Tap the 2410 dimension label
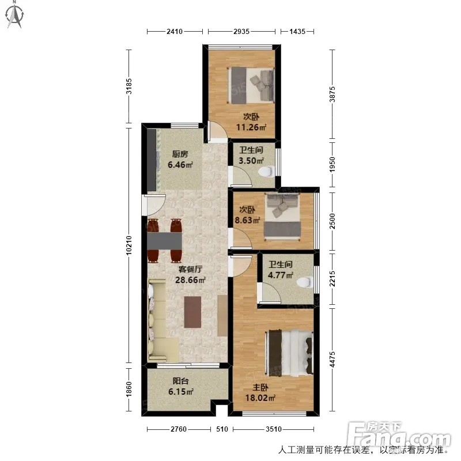[x=175, y=31]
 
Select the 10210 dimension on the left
[x=129, y=245]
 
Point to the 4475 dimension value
[x=332, y=359]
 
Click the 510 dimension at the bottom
[x=222, y=429]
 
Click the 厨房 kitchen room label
[x=180, y=154]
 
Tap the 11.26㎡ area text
[x=251, y=127]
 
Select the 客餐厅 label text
[x=190, y=269]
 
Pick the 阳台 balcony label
[x=180, y=381]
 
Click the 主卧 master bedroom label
[x=260, y=387]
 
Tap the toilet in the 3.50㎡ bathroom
[x=267, y=171]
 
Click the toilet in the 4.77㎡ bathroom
[x=305, y=282]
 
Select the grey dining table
[x=165, y=240]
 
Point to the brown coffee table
[x=192, y=312]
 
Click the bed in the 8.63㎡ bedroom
[x=282, y=217]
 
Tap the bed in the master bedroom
[x=289, y=353]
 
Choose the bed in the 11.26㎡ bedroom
[x=251, y=85]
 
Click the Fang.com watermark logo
[x=398, y=436]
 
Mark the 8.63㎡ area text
[x=248, y=220]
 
